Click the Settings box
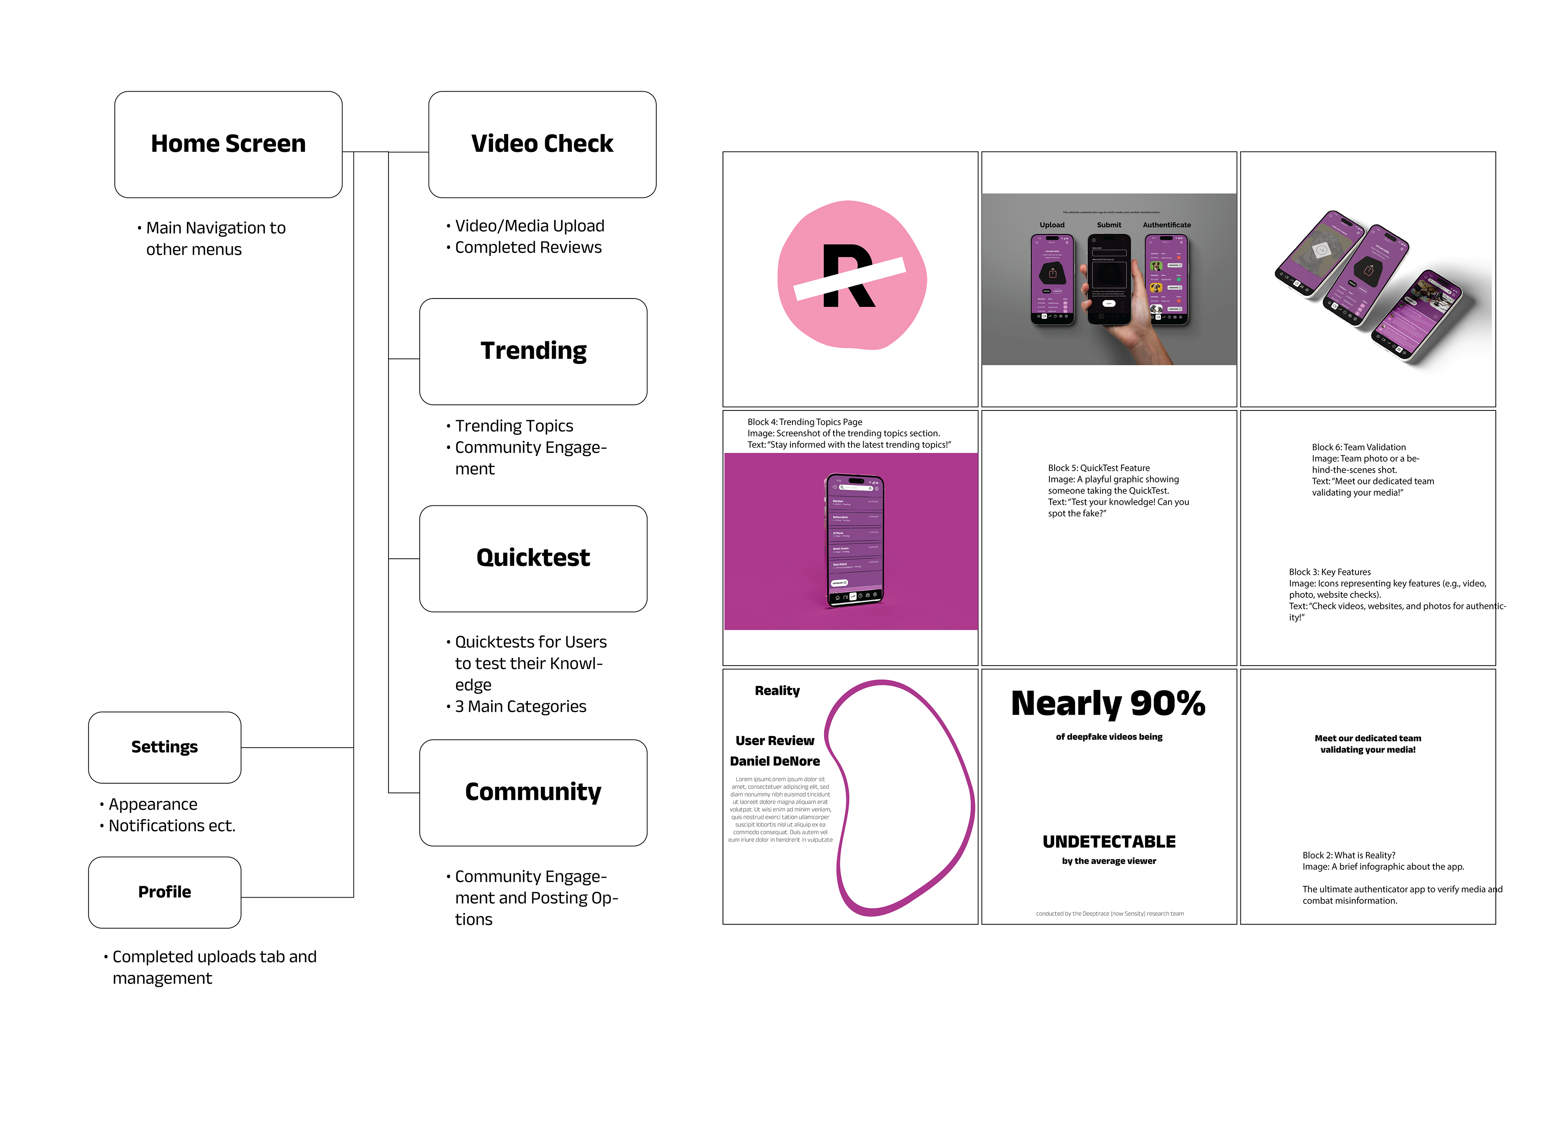[x=164, y=747]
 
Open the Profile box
[x=164, y=892]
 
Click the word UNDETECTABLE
[x=1109, y=842]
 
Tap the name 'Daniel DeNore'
[x=774, y=761]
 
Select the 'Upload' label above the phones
[x=1052, y=225]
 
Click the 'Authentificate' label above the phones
[x=1166, y=225]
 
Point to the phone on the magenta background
[x=854, y=540]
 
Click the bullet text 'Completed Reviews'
[x=528, y=248]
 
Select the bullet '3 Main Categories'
[x=520, y=707]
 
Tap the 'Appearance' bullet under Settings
[x=153, y=804]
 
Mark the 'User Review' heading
[x=774, y=741]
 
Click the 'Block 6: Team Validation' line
[x=1358, y=447]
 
